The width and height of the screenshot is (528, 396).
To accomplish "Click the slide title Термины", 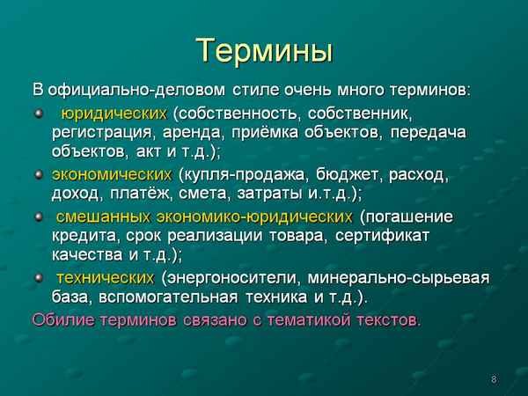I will (x=263, y=50).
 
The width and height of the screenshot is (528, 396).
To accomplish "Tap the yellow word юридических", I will (x=113, y=114).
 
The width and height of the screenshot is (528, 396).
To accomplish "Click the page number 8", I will (x=494, y=379).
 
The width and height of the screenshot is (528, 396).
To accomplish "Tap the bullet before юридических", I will (x=38, y=114).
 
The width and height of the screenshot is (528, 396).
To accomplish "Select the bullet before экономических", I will (x=38, y=174).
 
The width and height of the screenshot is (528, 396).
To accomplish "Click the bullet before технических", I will (x=38, y=278).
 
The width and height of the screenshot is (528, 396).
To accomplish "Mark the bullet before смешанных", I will (x=38, y=216).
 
